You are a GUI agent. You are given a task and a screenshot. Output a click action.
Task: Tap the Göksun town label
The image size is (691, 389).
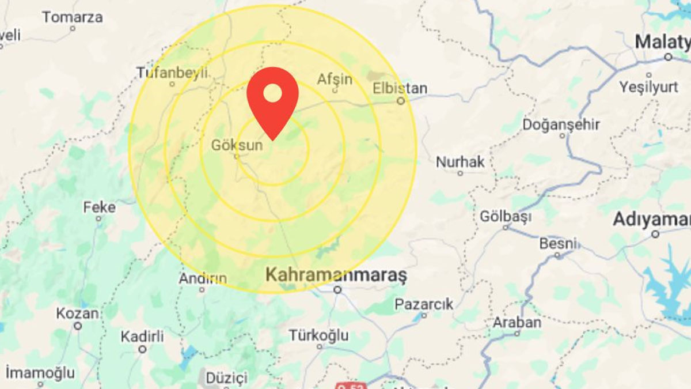237,145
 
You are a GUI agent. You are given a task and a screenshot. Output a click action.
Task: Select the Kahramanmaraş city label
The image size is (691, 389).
336,275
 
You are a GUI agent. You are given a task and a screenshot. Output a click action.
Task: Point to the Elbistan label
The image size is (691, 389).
400,88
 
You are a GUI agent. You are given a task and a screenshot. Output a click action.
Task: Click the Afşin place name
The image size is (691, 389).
335,79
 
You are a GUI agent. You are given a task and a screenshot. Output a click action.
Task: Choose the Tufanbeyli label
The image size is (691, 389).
172,73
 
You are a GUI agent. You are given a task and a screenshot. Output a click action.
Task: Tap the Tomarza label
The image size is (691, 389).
73,17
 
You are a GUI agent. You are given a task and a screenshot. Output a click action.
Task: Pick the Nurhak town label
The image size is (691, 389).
460,162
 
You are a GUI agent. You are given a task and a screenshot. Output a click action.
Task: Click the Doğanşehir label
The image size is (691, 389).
561,124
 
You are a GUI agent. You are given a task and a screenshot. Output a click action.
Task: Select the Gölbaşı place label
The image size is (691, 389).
506,217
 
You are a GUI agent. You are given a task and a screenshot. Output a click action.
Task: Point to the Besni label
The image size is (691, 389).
557,244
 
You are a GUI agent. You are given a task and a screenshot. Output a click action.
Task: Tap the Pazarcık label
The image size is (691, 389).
424,304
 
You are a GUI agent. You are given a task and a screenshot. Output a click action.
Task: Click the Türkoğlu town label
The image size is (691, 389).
318,335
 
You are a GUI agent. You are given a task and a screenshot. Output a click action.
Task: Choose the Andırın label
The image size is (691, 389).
202,278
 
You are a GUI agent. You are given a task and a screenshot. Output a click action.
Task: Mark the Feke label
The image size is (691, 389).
100,207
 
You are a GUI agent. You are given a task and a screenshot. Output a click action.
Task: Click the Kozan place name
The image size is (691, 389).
77,314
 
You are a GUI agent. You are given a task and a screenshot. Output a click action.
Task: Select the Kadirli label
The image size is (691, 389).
142,336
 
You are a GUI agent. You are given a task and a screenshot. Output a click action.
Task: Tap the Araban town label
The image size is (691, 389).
517,322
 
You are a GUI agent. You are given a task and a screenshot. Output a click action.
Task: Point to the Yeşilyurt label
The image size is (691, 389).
648,87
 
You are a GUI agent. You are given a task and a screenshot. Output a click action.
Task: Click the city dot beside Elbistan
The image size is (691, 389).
401,100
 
